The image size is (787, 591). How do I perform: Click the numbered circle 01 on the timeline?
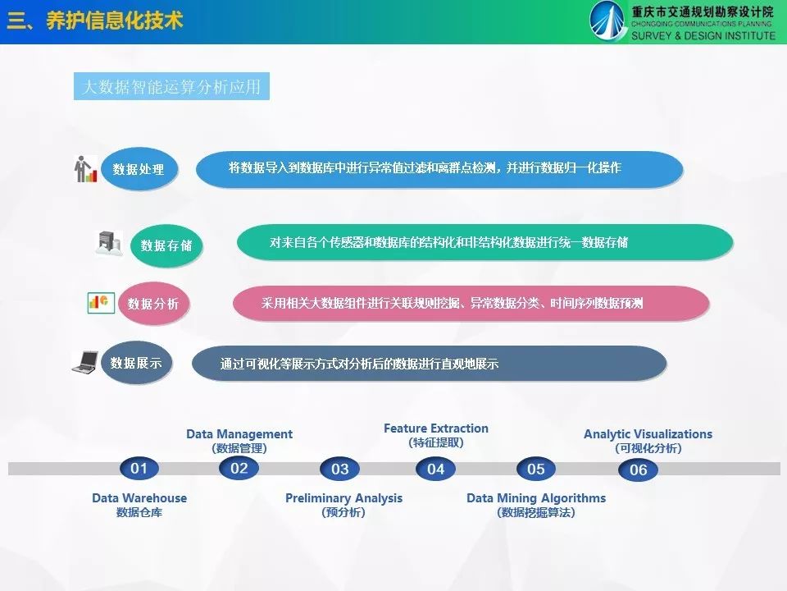(139, 469)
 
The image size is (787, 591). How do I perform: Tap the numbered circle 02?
(239, 469)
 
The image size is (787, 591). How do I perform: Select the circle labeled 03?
(339, 469)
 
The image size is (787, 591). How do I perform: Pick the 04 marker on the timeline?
(435, 469)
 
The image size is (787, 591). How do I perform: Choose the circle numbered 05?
(536, 469)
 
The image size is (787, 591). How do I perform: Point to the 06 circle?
(638, 470)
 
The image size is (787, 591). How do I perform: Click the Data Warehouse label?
(139, 498)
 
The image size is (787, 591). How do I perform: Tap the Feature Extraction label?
(435, 428)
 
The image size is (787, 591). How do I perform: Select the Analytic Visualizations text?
(648, 434)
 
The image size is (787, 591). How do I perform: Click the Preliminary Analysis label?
(343, 498)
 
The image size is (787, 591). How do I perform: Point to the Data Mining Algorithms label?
(536, 498)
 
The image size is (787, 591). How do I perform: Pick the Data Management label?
(239, 434)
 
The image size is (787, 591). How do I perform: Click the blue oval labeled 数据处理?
(139, 169)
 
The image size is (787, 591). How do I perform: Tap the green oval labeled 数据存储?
(166, 245)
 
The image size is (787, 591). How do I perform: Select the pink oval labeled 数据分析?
(153, 303)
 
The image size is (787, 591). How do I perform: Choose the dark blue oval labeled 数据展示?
(136, 362)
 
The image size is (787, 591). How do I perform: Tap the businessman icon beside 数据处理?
(84, 169)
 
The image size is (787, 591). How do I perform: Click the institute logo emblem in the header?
(607, 21)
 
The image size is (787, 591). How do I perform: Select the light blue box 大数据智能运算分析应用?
(171, 86)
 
